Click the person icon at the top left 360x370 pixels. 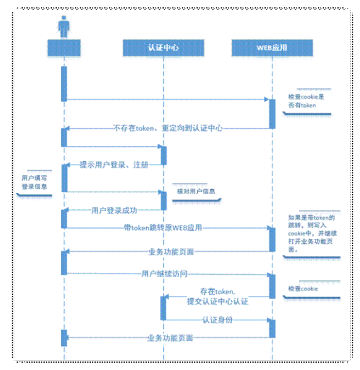coord(64,26)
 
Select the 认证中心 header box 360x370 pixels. coord(163,48)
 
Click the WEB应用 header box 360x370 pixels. coord(272,48)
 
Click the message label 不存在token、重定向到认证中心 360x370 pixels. coord(168,129)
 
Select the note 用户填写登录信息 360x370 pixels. coord(34,183)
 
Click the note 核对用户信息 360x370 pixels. coord(196,191)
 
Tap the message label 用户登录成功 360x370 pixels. coord(114,210)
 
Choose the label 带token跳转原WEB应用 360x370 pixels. coord(162,227)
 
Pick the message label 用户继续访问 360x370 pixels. coord(164,273)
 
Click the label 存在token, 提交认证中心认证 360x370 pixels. coord(218,297)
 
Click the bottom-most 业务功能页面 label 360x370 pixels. coord(170,337)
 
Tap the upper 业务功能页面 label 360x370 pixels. coord(171,252)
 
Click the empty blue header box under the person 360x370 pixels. coord(64,48)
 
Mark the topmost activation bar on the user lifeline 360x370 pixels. coord(64,84)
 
